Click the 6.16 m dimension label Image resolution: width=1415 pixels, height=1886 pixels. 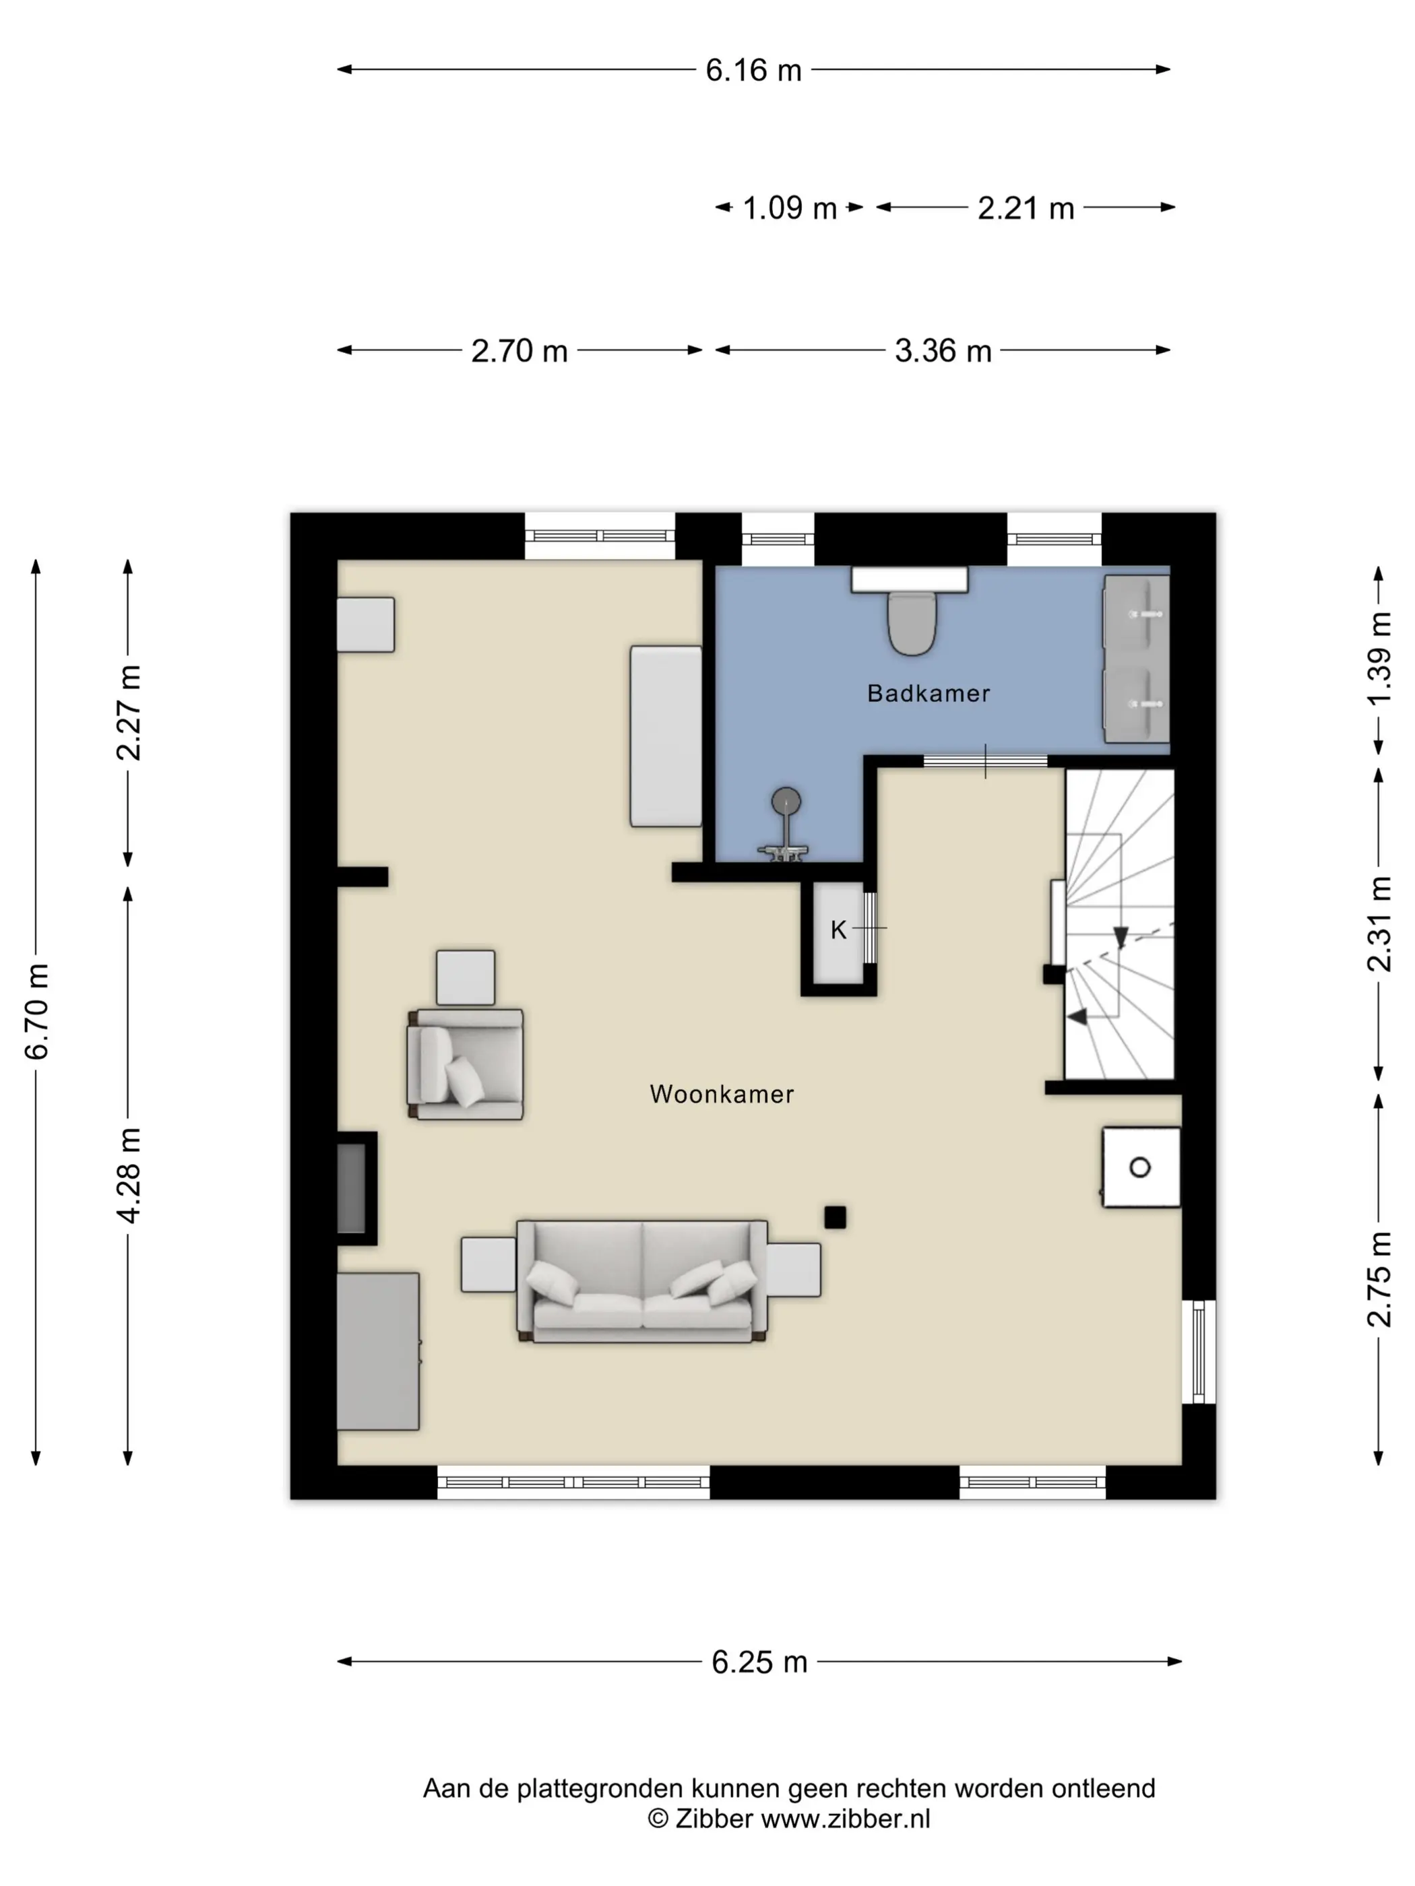pos(753,70)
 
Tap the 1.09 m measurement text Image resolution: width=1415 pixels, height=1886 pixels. pos(790,208)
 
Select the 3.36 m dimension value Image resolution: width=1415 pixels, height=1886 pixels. pos(943,350)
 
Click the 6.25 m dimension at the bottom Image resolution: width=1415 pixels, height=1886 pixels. pos(759,1662)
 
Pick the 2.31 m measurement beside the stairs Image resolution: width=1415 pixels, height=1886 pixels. pos(1379,924)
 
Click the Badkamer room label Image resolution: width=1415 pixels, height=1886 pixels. pos(928,693)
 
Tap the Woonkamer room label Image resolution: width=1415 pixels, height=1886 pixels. pos(722,1094)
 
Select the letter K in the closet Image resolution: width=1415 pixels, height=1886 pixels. pos(838,930)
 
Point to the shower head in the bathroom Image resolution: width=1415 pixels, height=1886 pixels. pos(786,802)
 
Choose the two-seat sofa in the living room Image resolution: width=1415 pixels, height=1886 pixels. pos(641,1282)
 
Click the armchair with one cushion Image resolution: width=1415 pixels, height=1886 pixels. pos(465,1064)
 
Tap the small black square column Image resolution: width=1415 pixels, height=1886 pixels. pos(835,1218)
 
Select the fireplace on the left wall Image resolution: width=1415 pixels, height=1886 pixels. pos(356,1188)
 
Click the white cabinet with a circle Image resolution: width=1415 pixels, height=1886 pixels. pos(1141,1167)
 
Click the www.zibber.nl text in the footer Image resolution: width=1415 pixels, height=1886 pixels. pos(845,1819)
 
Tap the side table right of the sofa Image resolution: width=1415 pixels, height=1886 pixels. pos(794,1270)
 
